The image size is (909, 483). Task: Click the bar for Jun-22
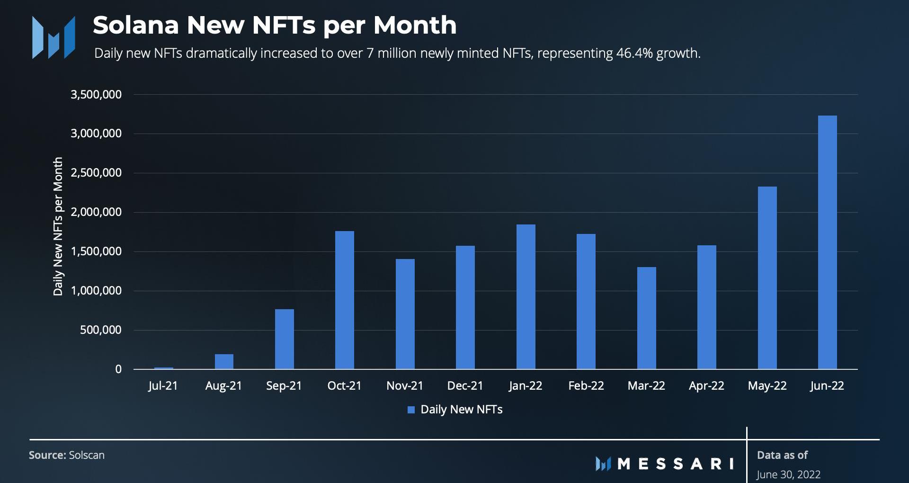tap(827, 242)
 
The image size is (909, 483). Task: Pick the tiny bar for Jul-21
tap(163, 368)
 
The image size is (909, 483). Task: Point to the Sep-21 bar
tap(284, 339)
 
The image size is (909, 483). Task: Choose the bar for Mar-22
tap(646, 318)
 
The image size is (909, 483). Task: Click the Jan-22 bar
tap(526, 296)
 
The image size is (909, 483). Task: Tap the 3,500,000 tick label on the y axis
tap(96, 95)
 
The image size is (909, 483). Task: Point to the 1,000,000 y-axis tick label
tap(96, 291)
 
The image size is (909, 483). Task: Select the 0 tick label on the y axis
tap(118, 369)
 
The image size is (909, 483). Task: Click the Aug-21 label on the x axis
tap(223, 386)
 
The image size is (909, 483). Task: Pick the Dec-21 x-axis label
tap(465, 386)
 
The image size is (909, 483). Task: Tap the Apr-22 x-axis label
tap(706, 386)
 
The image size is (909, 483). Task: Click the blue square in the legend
tap(411, 410)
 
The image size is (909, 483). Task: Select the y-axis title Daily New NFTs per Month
tap(58, 226)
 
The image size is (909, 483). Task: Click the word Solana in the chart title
tap(135, 25)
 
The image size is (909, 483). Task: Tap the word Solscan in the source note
tap(87, 456)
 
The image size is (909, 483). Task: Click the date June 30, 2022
tap(788, 474)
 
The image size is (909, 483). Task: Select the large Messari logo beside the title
tap(53, 37)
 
